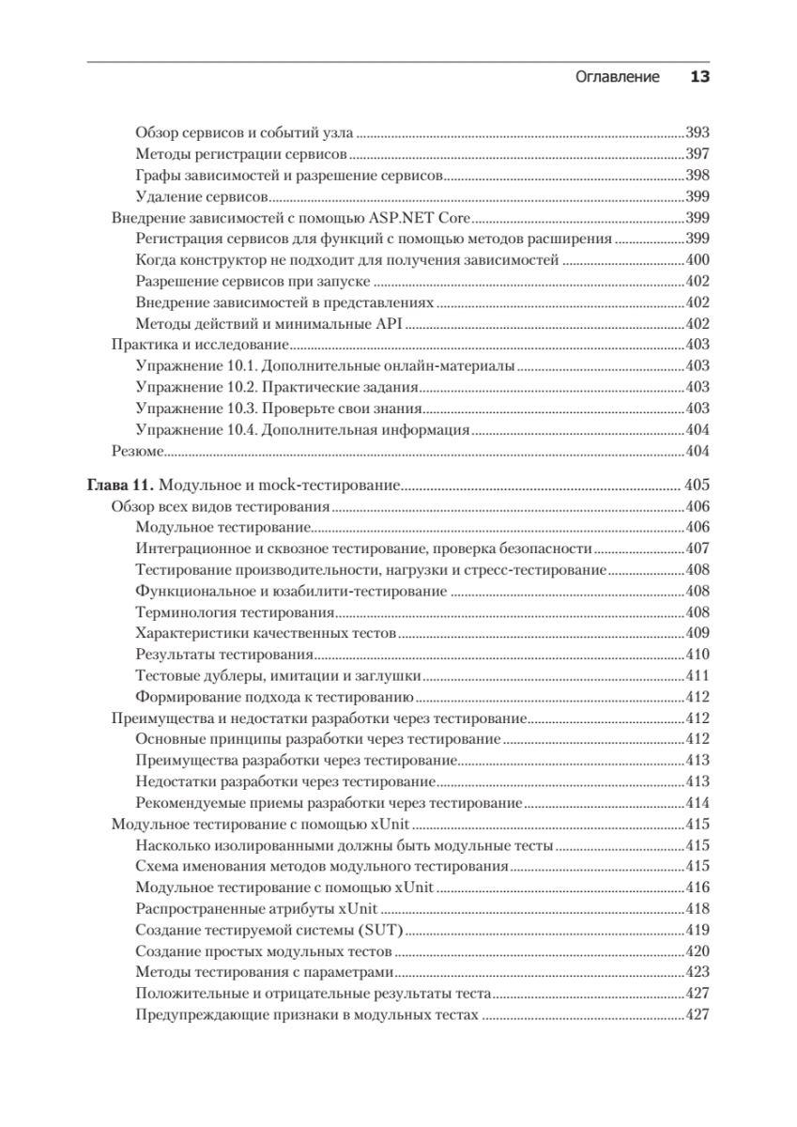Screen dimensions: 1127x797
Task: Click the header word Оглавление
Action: point(617,77)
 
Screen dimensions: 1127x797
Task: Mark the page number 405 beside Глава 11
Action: point(697,486)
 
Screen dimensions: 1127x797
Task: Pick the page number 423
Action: point(697,973)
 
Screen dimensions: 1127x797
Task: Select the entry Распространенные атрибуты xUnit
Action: point(256,909)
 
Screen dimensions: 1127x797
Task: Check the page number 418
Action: point(697,909)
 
